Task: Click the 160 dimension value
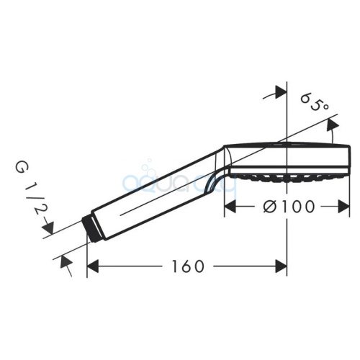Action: pos(188,266)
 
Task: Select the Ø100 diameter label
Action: pos(289,207)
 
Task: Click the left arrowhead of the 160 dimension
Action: pos(93,266)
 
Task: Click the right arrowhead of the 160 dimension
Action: pos(281,266)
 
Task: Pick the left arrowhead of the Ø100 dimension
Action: pos(230,207)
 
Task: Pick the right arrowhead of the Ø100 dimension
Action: pos(343,207)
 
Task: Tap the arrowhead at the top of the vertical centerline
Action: pos(281,91)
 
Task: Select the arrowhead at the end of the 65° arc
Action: pos(333,125)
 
